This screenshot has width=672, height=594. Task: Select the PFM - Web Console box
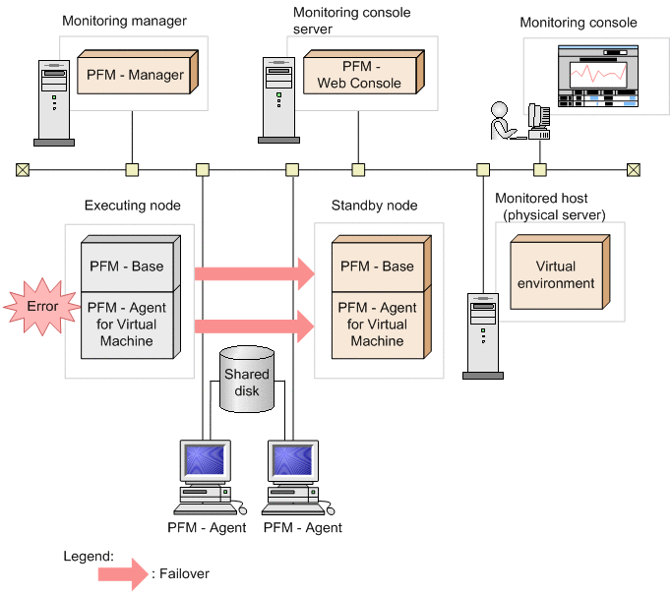[359, 75]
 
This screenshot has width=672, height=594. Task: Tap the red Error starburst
[42, 307]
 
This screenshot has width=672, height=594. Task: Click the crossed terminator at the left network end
[22, 169]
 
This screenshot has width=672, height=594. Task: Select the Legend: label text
[89, 556]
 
